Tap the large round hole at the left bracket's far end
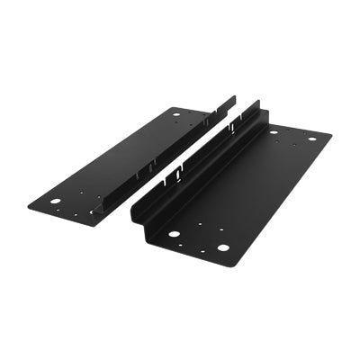pyautogui.click(x=176, y=114)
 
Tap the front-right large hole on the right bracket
pyautogui.click(x=222, y=249)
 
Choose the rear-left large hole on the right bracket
pyautogui.click(x=274, y=132)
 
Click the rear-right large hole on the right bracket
pyautogui.click(x=312, y=139)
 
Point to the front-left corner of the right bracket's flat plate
pyautogui.click(x=144, y=236)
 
